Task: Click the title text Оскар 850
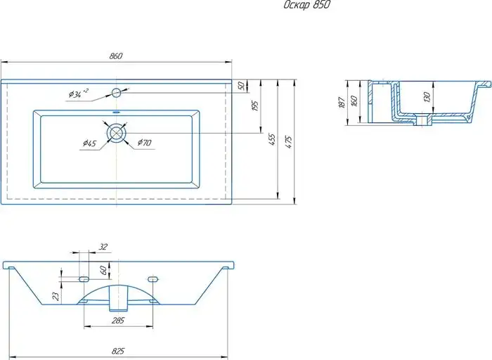pyautogui.click(x=307, y=5)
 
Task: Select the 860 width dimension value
pyautogui.click(x=116, y=56)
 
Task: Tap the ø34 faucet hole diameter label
pyautogui.click(x=79, y=94)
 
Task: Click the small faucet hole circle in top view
pyautogui.click(x=116, y=93)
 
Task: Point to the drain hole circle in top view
pyautogui.click(x=117, y=133)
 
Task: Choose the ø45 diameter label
pyautogui.click(x=90, y=143)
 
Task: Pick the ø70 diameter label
pyautogui.click(x=144, y=143)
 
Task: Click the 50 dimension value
pyautogui.click(x=241, y=86)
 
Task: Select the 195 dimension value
pyautogui.click(x=254, y=105)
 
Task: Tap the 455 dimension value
pyautogui.click(x=272, y=139)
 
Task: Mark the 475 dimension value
pyautogui.click(x=289, y=142)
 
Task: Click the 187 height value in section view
pyautogui.click(x=342, y=103)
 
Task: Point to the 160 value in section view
pyautogui.click(x=354, y=101)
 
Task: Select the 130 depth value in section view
pyautogui.click(x=427, y=98)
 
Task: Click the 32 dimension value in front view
pyautogui.click(x=103, y=247)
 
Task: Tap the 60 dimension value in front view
pyautogui.click(x=103, y=270)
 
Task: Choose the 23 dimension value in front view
pyautogui.click(x=56, y=296)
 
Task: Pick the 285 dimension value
pyautogui.click(x=118, y=321)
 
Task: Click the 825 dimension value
pyautogui.click(x=118, y=352)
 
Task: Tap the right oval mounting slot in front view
pyautogui.click(x=153, y=278)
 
